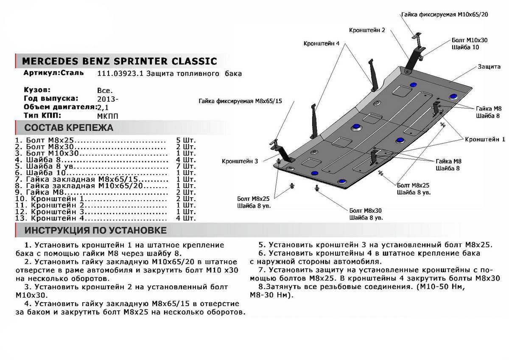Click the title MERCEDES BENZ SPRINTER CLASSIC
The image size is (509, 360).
pos(119,61)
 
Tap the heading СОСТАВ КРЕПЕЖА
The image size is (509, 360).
pos(69,128)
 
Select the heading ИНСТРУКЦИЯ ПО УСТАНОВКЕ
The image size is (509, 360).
pos(95,231)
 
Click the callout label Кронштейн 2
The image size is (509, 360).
pos(367,31)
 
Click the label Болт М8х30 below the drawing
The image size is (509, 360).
pos(366,211)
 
